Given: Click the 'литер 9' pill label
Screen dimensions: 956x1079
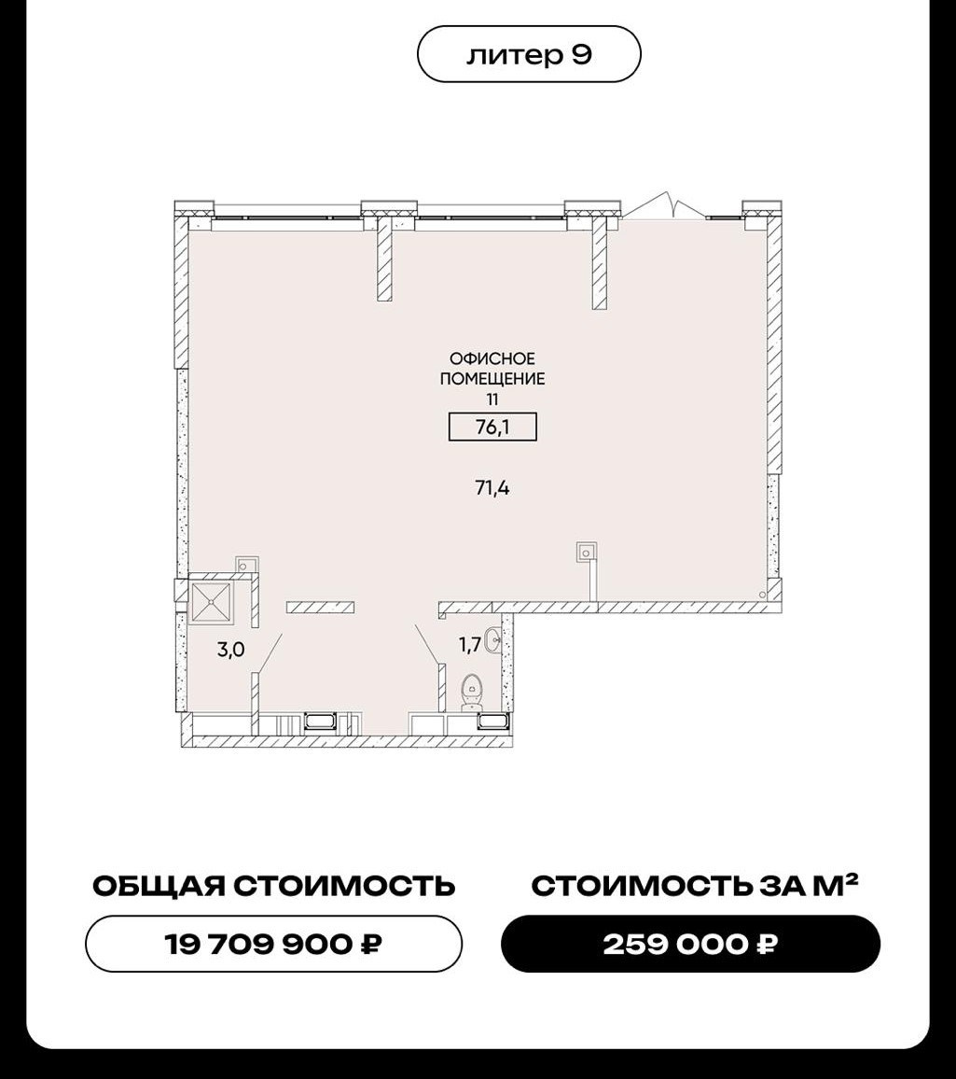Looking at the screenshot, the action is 529,54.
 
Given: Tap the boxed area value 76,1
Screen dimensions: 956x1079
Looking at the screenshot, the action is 492,427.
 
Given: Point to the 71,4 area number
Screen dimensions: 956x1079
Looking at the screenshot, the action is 492,488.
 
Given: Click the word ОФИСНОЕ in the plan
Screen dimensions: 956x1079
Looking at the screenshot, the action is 492,358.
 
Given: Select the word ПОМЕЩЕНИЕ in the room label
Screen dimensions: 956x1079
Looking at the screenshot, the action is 492,378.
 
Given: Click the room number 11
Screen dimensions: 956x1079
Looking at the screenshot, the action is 492,399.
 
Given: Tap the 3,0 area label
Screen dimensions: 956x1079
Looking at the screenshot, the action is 231,650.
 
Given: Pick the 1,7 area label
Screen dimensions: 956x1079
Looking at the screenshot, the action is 470,645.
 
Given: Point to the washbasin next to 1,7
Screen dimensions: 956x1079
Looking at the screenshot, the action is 493,640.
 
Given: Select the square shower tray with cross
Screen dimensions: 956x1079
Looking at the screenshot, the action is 211,602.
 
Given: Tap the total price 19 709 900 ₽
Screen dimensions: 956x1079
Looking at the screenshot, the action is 273,944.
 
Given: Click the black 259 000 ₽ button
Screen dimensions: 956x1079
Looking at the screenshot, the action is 690,944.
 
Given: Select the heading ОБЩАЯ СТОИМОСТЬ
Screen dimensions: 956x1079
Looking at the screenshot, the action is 273,886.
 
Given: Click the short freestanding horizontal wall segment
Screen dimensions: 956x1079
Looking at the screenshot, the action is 320,607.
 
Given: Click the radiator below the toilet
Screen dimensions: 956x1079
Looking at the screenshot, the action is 492,722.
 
